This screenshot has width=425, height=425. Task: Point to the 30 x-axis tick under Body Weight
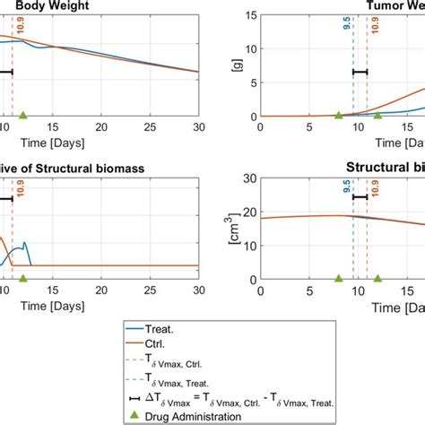(196, 126)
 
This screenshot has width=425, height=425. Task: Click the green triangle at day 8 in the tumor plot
(338, 115)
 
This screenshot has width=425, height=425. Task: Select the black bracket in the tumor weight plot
(360, 72)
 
